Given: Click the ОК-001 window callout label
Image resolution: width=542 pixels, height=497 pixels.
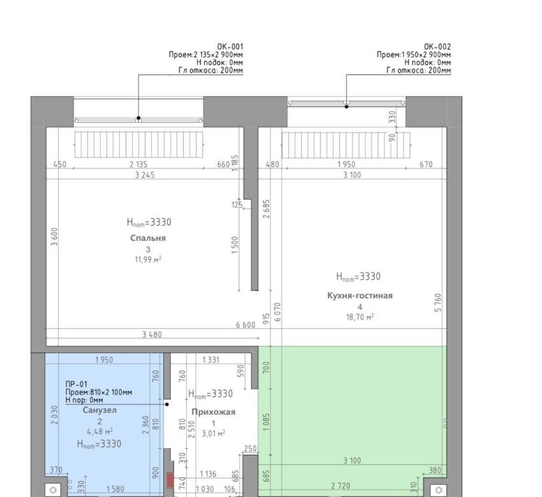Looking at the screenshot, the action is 230,47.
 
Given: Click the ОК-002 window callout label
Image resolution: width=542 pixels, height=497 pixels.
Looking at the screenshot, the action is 437,47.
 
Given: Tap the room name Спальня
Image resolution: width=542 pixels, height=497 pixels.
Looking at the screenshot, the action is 148,238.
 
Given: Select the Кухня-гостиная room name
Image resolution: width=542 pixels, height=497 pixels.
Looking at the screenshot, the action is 360,296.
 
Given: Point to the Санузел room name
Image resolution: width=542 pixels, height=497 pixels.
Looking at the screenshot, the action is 99,410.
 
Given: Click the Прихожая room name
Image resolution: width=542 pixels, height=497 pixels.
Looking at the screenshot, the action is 213,412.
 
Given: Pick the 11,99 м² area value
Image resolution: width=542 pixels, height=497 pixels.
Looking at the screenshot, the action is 148,259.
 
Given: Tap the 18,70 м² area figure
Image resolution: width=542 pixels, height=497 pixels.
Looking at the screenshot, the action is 360,317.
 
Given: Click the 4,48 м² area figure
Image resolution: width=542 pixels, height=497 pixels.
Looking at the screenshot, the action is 99,431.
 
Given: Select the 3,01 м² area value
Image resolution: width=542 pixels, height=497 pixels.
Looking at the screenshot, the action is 213,433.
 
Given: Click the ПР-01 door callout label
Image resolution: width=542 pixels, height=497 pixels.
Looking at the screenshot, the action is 77,384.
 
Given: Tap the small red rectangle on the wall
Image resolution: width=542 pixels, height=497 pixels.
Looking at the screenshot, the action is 170,480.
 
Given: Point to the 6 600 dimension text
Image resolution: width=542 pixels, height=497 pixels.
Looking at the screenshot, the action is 245,325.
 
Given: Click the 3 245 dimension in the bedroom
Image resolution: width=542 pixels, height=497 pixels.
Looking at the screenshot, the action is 145,175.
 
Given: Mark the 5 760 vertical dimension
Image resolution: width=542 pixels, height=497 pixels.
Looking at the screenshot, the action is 438,303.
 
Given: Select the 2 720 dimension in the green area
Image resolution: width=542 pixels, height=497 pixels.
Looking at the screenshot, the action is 341,486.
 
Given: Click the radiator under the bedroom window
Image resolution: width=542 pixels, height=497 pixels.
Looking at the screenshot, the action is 138,145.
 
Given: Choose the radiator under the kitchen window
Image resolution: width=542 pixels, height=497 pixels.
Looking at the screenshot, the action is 346,145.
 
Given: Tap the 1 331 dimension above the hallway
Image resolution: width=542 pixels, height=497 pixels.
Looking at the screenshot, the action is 211,360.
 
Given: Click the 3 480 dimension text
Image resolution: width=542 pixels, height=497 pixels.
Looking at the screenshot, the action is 152,335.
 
